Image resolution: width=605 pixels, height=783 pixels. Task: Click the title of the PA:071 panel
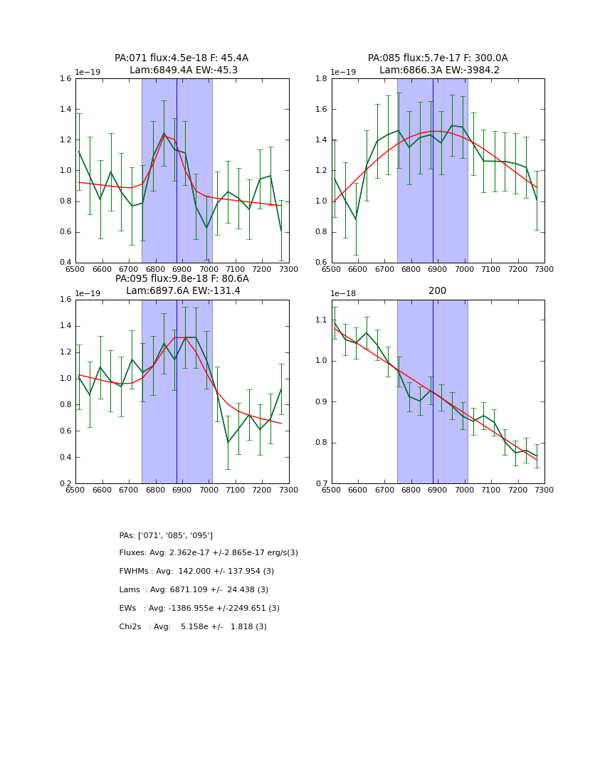coord(181,64)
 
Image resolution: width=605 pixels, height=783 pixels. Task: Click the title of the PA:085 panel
coord(438,64)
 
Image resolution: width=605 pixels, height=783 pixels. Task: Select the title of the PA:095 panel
coord(181,285)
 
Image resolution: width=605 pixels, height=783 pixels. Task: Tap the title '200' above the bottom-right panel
coord(437,290)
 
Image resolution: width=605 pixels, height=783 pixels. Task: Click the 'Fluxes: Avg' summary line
coord(209,553)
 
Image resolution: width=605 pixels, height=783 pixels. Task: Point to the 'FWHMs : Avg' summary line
coord(196,572)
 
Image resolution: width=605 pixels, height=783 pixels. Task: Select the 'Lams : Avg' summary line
coord(194,590)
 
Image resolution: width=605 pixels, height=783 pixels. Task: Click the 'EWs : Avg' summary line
coord(199,609)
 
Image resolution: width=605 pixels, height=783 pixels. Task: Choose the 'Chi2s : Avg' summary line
coord(193,627)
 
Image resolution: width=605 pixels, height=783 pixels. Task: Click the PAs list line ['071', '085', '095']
coord(166,535)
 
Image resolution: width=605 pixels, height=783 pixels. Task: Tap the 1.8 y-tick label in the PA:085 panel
coord(321,79)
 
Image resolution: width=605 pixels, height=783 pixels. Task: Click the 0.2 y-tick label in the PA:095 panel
coord(65,484)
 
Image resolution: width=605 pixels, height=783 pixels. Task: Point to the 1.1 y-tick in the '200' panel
coord(321,320)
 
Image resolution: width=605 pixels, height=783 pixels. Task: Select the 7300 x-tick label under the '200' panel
coord(544,491)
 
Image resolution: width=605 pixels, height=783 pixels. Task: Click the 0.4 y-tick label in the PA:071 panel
coord(65,263)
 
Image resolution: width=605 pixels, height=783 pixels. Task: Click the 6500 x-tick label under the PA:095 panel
coord(75,491)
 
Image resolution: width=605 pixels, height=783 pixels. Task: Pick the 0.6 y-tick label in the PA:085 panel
coord(321,263)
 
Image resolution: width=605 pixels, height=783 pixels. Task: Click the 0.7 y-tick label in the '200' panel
coord(321,484)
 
